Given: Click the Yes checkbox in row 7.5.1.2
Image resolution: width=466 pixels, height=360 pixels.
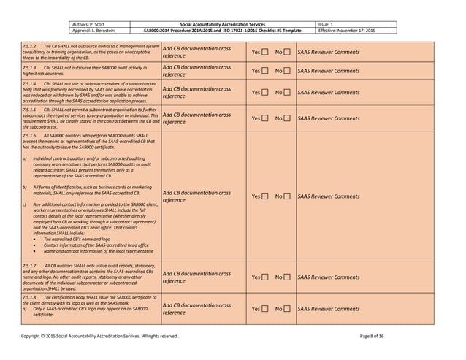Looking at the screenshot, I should [266, 53].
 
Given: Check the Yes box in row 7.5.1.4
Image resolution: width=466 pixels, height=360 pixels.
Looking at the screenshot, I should [266, 93].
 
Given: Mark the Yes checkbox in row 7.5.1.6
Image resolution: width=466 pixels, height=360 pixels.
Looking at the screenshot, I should [266, 196].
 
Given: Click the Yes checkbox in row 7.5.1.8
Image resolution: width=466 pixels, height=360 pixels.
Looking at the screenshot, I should [266, 310].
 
